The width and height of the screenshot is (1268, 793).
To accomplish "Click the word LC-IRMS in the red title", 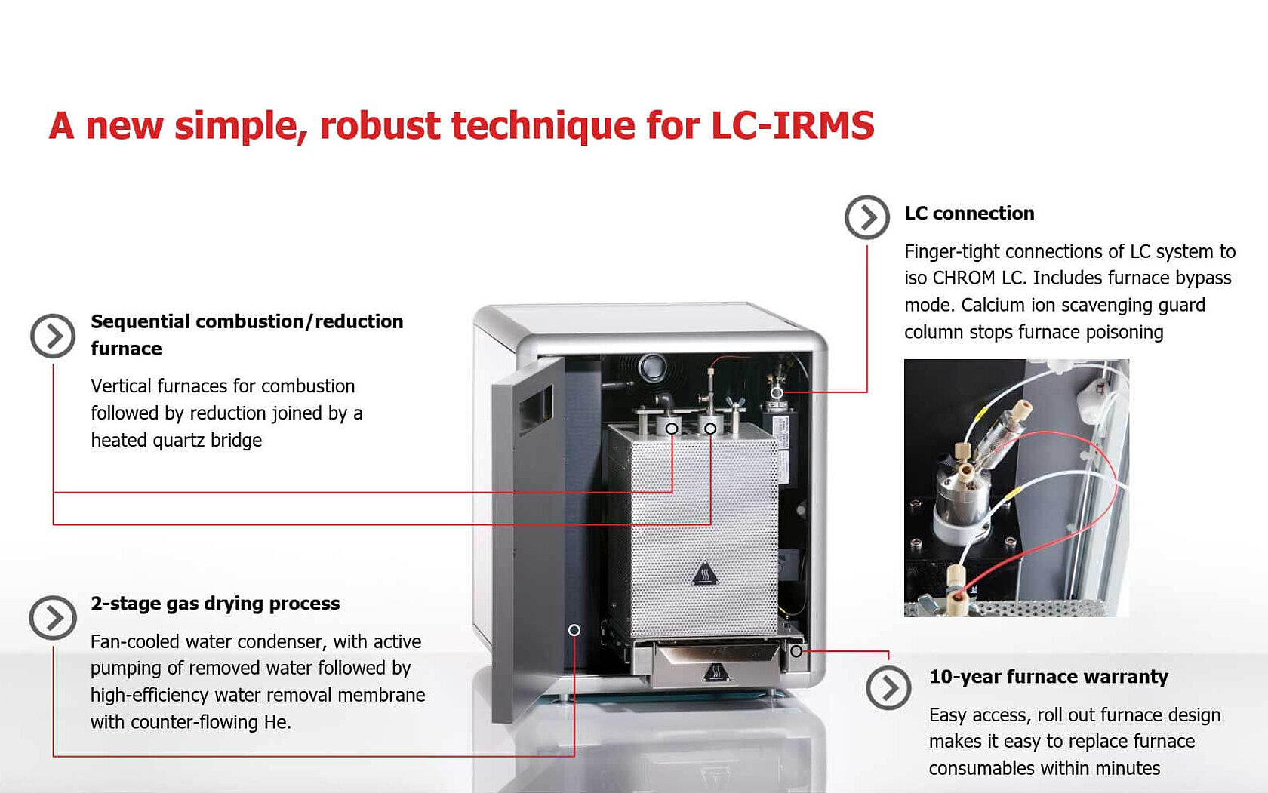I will (x=792, y=125).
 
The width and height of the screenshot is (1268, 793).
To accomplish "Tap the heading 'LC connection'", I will (x=969, y=214).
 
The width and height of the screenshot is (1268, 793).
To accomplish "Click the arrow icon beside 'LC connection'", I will (x=867, y=217).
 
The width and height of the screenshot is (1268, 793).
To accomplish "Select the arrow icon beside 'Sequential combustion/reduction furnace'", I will (x=53, y=336).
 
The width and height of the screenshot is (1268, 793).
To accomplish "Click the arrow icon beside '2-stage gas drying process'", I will (x=53, y=617).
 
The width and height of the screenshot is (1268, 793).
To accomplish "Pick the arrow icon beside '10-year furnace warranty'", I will (x=888, y=687).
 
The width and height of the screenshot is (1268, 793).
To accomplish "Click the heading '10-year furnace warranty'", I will (x=1048, y=677).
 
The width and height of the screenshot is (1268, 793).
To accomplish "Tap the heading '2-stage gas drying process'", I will (x=215, y=604).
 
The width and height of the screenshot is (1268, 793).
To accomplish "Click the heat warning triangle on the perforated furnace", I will (x=704, y=574).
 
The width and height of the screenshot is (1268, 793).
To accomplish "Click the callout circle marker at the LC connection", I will (x=777, y=392).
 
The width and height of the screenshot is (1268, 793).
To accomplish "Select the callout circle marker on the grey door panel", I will (x=574, y=630).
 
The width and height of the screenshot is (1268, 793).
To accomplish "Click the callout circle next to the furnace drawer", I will (x=796, y=650).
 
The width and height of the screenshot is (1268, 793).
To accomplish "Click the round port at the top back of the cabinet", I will (x=651, y=368).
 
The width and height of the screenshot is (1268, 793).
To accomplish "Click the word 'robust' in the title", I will (x=380, y=125).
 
